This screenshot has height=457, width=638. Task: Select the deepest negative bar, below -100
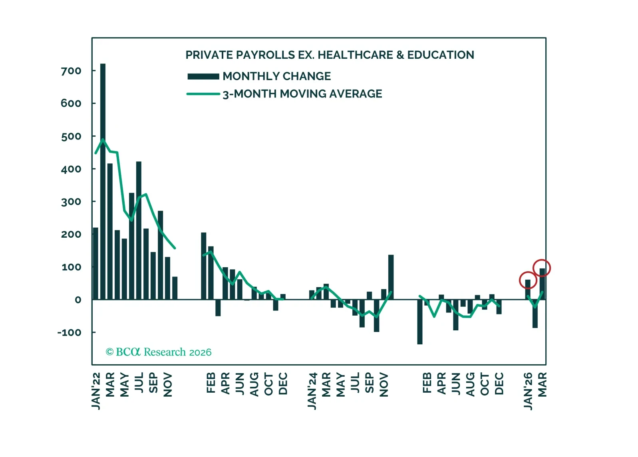click(420, 322)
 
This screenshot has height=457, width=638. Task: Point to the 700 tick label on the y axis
click(71, 71)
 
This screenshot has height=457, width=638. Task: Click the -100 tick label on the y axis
click(69, 332)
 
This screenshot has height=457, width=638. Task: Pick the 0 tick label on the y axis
click(78, 300)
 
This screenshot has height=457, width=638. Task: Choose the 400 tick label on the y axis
click(71, 169)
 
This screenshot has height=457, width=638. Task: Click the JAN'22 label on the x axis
click(96, 391)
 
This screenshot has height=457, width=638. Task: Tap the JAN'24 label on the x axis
click(312, 391)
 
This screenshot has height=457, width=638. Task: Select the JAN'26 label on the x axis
click(528, 391)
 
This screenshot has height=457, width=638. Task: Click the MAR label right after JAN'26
click(542, 385)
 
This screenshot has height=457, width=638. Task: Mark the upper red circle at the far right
click(542, 268)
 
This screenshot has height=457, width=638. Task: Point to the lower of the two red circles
click(528, 280)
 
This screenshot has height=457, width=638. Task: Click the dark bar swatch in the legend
click(203, 76)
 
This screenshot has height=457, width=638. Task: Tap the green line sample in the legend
click(203, 94)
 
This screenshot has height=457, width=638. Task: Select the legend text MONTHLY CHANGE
click(276, 76)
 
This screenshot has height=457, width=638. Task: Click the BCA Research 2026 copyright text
click(159, 352)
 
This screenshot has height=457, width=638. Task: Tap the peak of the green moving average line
click(103, 139)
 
